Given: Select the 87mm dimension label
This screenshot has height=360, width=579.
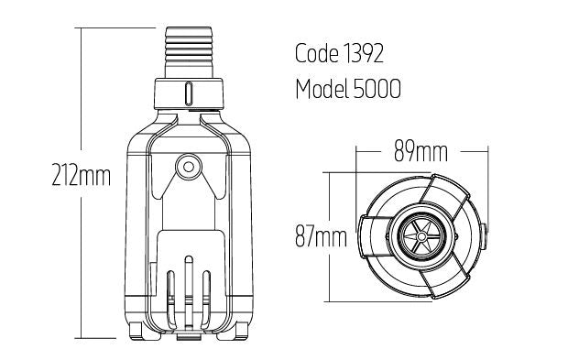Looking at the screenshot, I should point(321,238).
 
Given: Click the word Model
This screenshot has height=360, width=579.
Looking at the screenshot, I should point(322,90).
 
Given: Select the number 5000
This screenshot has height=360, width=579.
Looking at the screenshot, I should point(377,90).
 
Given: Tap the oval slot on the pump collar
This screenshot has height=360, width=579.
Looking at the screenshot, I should point(187,93).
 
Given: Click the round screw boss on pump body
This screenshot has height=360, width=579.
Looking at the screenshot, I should point(187,166).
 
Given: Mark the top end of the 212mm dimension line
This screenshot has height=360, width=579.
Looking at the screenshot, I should point(82,27).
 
